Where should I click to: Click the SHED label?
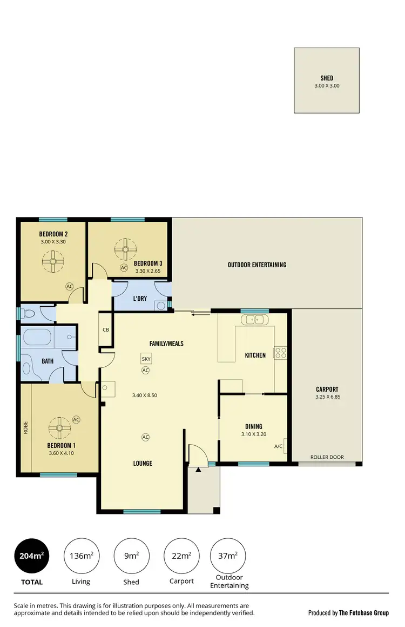327,78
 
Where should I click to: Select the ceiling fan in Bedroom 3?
127,249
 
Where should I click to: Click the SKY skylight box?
145,359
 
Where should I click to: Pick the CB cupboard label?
106,330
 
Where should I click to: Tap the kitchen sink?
254,320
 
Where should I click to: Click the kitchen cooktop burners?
281,353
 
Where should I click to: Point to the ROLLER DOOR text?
327,457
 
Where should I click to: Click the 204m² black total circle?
31,556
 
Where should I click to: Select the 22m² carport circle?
181,556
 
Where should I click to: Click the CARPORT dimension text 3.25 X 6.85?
327,397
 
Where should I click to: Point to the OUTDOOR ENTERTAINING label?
257,265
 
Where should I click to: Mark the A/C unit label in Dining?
279,446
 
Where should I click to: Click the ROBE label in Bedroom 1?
25,428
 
